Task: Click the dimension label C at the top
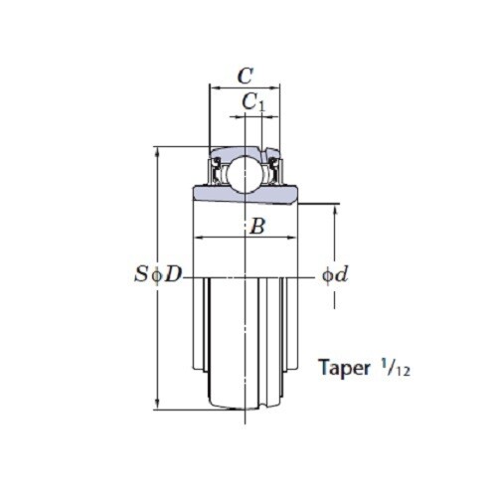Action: point(245,75)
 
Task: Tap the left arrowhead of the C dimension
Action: point(212,87)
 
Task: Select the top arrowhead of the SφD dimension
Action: point(157,152)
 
